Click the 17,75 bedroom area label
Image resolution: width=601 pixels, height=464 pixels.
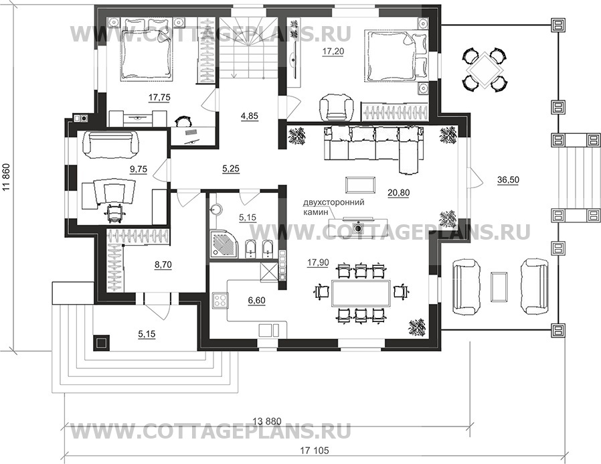click(159, 98)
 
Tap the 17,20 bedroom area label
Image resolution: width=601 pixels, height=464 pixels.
click(333, 52)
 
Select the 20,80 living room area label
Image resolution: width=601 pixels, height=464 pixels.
click(399, 193)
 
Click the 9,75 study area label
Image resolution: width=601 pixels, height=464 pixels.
click(139, 169)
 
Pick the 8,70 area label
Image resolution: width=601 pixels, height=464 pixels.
click(163, 264)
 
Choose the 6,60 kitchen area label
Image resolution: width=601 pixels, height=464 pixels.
click(256, 300)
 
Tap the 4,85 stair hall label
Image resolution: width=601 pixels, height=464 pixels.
click(250, 115)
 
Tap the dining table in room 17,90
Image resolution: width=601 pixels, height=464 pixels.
click(361, 293)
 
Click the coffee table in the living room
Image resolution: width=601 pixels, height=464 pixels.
click(360, 185)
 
